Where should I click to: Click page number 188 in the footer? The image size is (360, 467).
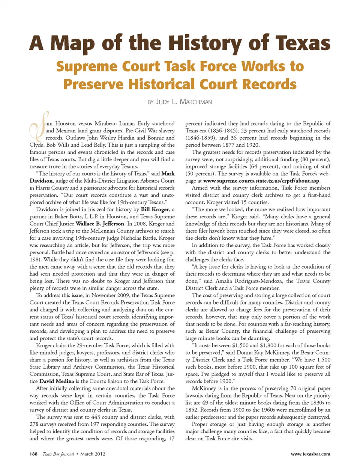[33, 454]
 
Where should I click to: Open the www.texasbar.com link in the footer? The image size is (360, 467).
[310, 454]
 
